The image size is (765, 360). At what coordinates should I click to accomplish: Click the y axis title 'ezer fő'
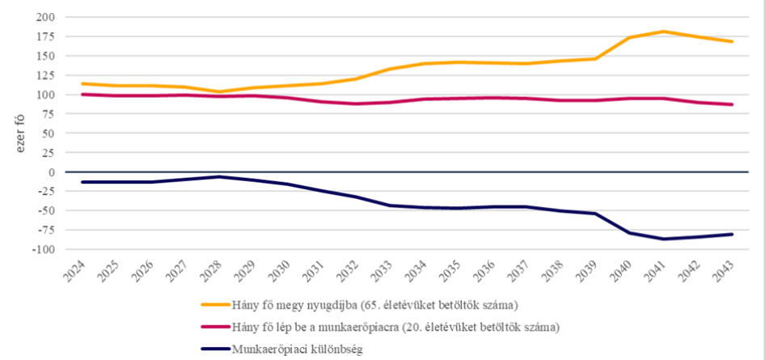pos(14,133)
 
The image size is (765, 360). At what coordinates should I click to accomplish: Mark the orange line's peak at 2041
pos(663,32)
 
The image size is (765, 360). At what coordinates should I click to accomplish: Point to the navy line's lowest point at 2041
pos(663,239)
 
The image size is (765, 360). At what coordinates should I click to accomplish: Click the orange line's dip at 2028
pos(218,91)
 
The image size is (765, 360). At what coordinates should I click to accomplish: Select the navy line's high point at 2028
pos(218,176)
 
